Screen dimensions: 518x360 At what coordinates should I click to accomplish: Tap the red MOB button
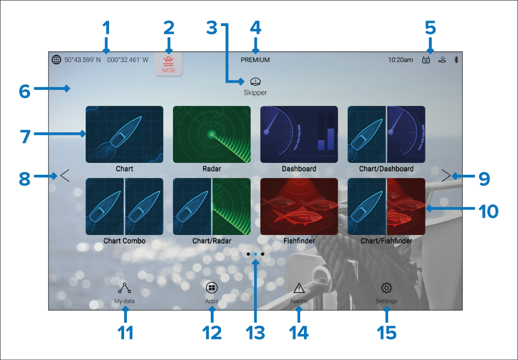point(168,64)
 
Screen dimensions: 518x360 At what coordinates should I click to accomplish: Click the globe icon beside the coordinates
point(57,60)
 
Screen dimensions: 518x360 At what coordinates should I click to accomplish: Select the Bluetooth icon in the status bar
point(456,60)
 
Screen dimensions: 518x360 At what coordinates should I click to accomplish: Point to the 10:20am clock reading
point(400,60)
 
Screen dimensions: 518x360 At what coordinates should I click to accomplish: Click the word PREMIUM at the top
point(255,60)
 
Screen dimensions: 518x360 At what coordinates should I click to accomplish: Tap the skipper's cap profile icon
point(256,81)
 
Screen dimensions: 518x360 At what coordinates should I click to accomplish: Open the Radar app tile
point(212,135)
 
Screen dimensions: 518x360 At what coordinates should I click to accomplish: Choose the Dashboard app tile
point(299,135)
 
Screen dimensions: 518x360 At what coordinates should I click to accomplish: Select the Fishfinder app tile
point(299,206)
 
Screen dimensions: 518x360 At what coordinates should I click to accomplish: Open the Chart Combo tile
point(125,206)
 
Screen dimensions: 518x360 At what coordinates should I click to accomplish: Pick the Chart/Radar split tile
point(212,206)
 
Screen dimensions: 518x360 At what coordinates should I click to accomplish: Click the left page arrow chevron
point(65,176)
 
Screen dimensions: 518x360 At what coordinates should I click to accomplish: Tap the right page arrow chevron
point(446,176)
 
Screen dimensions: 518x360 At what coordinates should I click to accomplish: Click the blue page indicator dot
point(256,254)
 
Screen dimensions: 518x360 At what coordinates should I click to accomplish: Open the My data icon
point(125,288)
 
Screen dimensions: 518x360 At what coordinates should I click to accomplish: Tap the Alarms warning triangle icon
point(299,288)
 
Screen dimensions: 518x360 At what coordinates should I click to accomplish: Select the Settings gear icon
point(387,287)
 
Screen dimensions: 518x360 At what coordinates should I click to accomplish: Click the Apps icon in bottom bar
point(212,287)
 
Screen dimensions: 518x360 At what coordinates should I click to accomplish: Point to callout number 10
point(488,211)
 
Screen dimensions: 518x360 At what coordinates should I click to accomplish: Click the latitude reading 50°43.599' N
point(83,60)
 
